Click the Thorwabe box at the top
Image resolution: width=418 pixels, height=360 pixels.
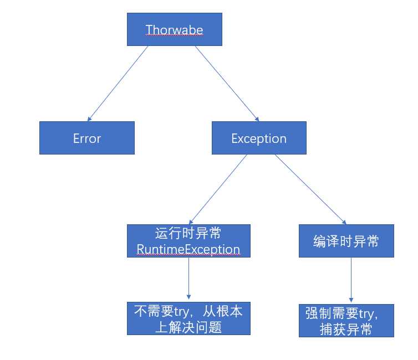174,29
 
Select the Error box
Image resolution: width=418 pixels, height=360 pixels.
87,138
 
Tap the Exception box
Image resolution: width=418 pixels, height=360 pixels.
259,138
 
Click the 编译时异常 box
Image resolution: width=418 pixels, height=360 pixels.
346,241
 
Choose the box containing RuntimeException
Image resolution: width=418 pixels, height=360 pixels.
188,241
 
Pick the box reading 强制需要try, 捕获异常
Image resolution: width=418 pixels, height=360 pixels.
346,321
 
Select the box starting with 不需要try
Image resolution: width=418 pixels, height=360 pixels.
188,318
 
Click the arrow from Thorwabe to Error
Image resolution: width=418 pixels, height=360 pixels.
118,84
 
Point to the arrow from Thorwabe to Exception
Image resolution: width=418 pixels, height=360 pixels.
227,84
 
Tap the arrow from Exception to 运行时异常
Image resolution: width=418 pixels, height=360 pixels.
218,189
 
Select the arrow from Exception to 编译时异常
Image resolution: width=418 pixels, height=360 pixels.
310,189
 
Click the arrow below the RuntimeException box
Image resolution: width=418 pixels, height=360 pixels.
188,278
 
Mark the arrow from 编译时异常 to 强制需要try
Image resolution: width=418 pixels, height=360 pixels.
351,280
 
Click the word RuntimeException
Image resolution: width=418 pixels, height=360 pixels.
188,249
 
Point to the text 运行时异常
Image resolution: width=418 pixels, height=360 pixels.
188,233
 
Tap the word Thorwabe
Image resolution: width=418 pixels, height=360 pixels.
174,29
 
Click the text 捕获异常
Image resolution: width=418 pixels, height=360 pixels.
346,329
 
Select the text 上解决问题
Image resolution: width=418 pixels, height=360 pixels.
188,327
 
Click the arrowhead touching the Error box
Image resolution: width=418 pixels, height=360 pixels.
89,119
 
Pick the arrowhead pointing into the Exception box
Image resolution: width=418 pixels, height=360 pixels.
257,119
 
